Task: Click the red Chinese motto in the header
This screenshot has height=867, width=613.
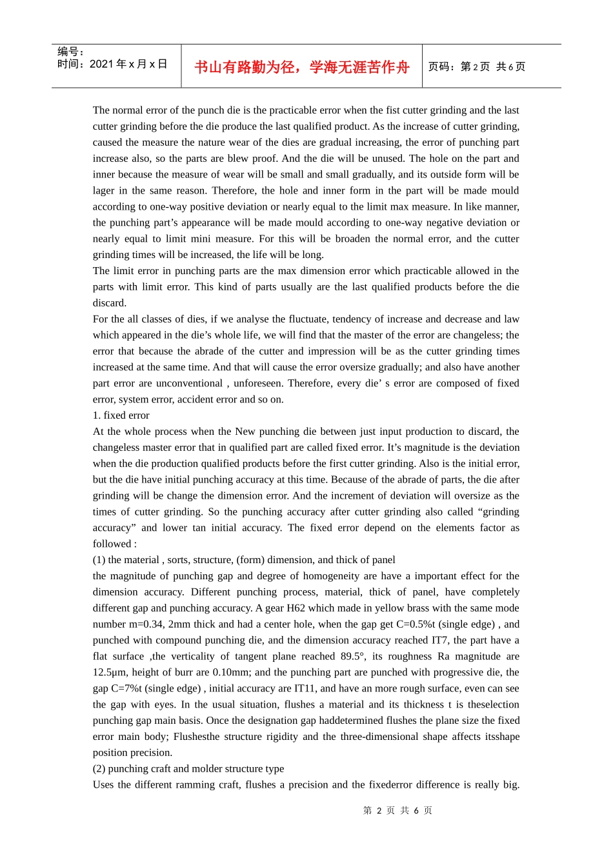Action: [301, 67]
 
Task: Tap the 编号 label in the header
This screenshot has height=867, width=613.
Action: [70, 52]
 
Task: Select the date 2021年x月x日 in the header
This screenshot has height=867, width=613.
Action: [128, 64]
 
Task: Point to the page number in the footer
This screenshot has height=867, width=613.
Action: [397, 810]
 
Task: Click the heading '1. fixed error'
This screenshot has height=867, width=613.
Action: [121, 415]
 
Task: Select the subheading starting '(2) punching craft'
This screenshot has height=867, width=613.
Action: [188, 768]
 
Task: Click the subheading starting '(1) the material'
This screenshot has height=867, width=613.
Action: [243, 560]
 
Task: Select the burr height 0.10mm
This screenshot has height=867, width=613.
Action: [231, 672]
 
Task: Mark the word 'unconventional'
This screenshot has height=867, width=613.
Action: [189, 383]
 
